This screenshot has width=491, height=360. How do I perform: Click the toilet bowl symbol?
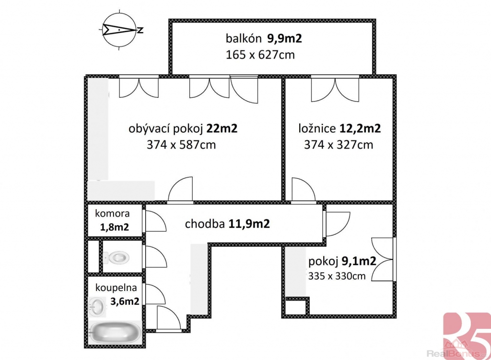click(x=116, y=257)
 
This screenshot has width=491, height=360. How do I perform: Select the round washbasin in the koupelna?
click(x=97, y=306)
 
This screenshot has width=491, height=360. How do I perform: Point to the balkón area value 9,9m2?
click(x=284, y=38)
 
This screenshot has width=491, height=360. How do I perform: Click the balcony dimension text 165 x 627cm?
click(x=260, y=55)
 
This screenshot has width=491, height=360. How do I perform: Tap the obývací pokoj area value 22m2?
click(x=222, y=128)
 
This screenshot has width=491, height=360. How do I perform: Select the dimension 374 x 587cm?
click(x=181, y=145)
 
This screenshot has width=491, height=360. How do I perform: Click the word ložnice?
click(x=317, y=128)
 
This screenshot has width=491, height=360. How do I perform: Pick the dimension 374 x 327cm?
click(x=339, y=145)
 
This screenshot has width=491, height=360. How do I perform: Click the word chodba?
click(x=205, y=224)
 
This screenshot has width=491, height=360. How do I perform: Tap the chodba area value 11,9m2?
click(x=249, y=224)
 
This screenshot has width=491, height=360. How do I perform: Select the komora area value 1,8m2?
click(x=114, y=227)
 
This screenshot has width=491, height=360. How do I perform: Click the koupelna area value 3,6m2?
click(x=125, y=301)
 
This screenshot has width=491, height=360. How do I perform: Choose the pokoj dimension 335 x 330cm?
click(x=337, y=276)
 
